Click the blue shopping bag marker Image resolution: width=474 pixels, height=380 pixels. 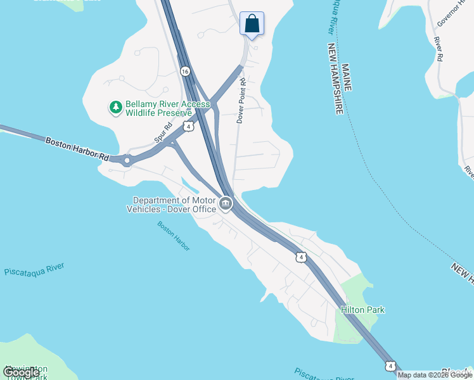(x=252, y=24)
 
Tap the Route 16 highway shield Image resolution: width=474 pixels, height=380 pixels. (x=184, y=72)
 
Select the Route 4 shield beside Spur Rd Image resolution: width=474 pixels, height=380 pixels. (x=188, y=127)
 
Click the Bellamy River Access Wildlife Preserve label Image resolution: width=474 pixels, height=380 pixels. (x=158, y=108)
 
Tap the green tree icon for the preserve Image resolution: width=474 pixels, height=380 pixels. (x=115, y=108)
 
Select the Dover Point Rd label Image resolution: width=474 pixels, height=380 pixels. (x=241, y=100)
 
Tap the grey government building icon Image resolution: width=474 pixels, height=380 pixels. (x=226, y=204)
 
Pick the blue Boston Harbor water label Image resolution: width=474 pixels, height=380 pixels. (x=174, y=236)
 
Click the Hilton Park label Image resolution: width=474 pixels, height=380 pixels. (x=362, y=310)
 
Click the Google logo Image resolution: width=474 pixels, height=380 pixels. (x=21, y=372)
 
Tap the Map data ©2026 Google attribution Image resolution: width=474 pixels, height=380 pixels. (x=435, y=375)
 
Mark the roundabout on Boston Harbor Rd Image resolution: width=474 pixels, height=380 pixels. (x=127, y=160)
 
